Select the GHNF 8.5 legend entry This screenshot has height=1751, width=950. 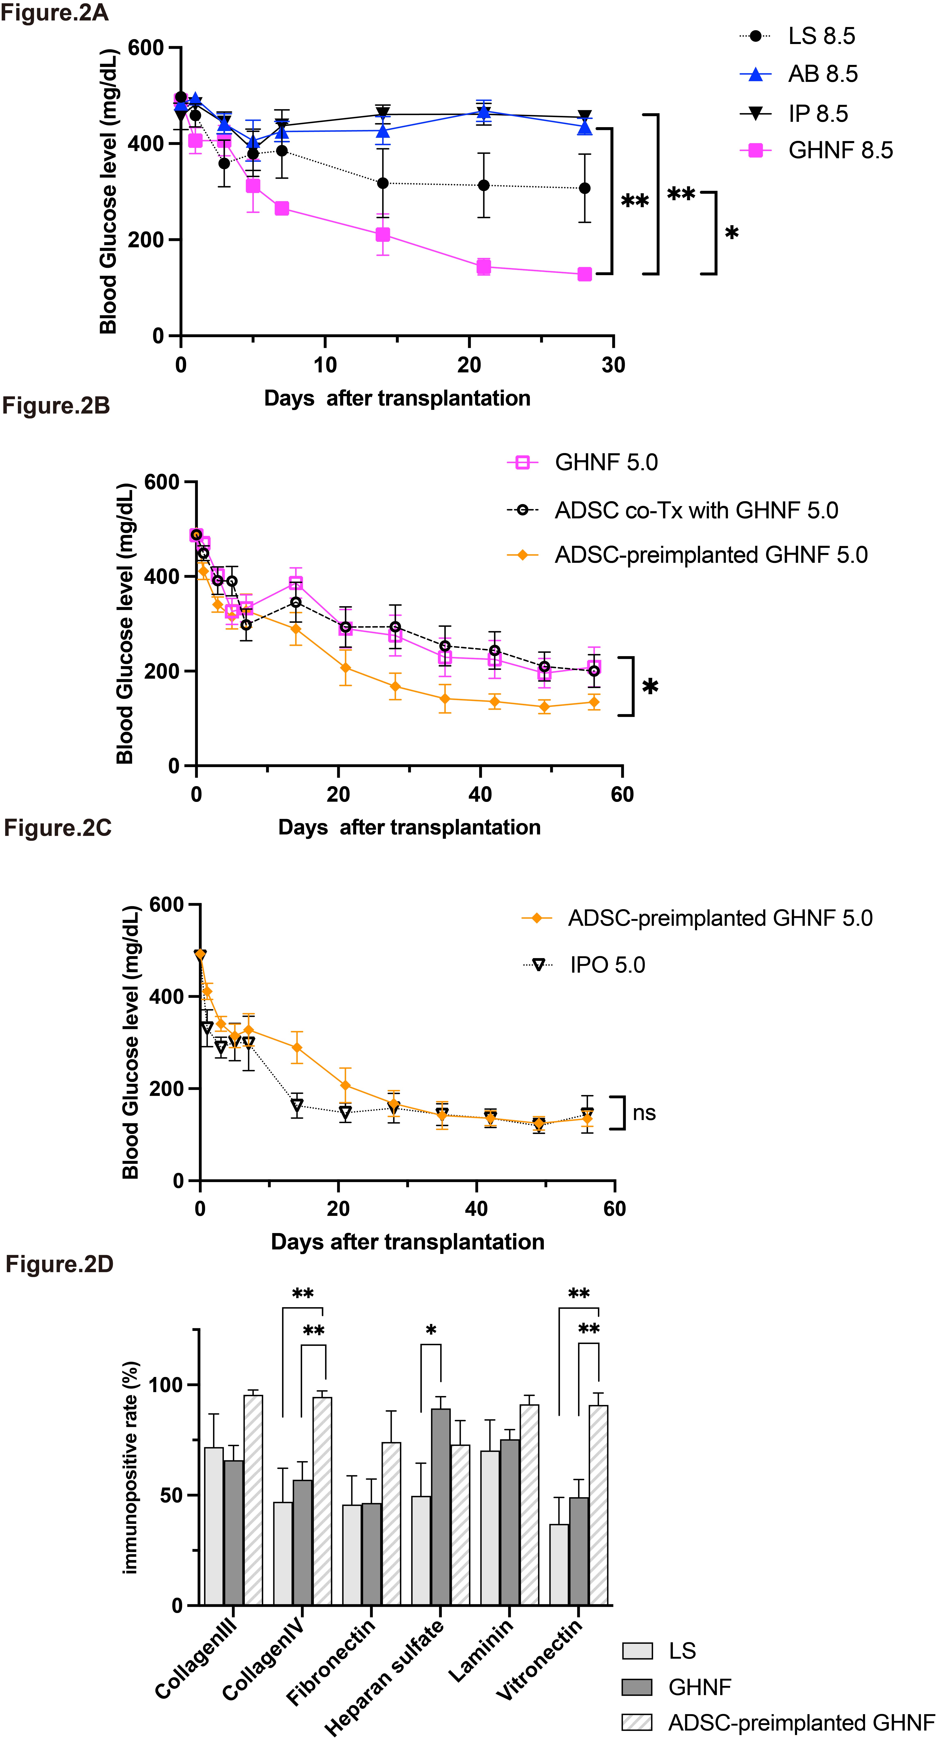tap(816, 150)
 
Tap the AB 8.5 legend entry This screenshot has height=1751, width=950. tap(799, 74)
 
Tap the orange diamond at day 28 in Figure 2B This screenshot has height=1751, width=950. tap(395, 686)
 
